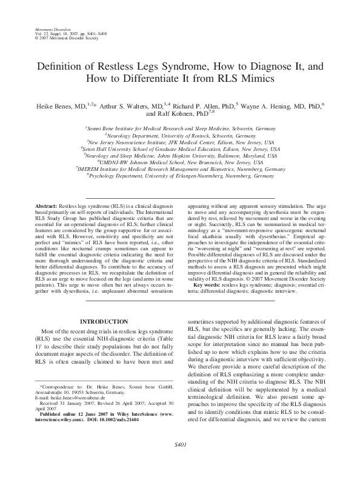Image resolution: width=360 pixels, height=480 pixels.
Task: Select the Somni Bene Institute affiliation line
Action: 181,129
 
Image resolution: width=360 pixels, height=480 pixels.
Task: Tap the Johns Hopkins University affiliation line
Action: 181,156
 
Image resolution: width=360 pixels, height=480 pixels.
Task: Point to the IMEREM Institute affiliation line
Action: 181,169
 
